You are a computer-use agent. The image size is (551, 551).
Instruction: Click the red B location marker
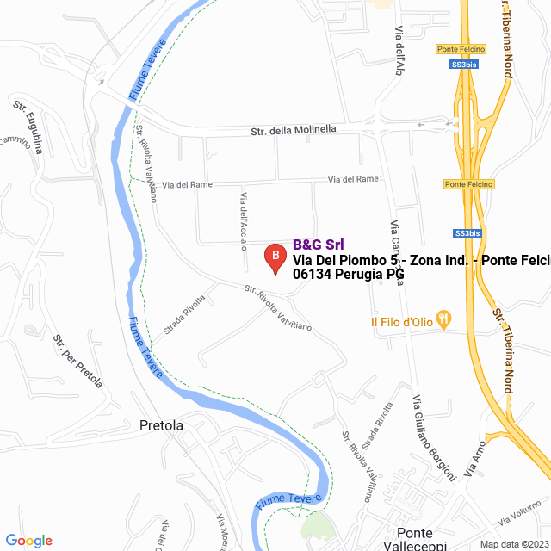pos(275,257)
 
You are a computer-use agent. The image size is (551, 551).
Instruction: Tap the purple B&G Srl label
pos(319,245)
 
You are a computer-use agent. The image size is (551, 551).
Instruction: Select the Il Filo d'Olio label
pos(401,322)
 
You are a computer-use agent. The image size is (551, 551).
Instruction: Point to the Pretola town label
pos(161,425)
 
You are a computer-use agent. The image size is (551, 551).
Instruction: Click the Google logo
pos(28,540)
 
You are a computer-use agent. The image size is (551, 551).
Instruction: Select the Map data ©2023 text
pos(514,543)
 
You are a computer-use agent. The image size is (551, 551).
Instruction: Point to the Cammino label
pos(15,140)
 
